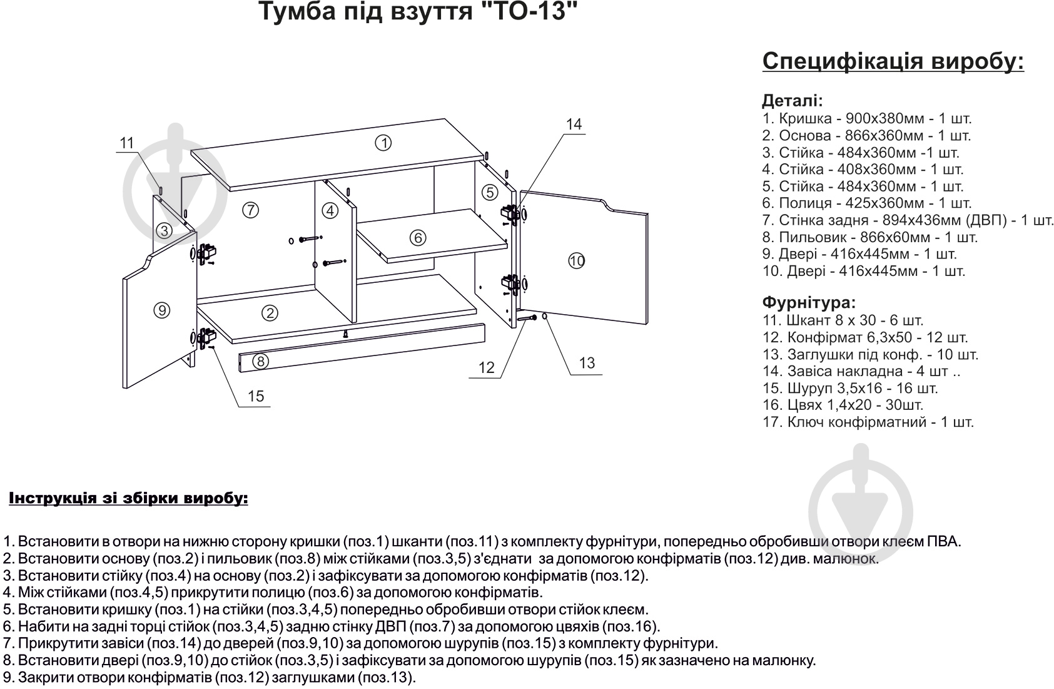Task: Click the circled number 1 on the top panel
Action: point(383,143)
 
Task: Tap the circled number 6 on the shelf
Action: point(418,238)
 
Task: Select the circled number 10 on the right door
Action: point(576,260)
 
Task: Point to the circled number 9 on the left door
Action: point(161,310)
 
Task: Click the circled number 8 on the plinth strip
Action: point(261,361)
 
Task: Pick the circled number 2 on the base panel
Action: point(270,313)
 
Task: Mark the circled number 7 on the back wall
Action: point(250,210)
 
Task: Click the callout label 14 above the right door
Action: point(574,125)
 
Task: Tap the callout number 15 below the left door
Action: point(256,396)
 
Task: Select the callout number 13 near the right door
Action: point(587,363)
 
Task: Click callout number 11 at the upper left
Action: point(127,143)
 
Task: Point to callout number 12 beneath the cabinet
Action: point(486,368)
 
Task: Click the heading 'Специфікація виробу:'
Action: point(893,62)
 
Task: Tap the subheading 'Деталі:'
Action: point(793,101)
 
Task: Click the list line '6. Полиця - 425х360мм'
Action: point(866,203)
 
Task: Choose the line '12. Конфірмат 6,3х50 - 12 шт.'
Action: point(865,338)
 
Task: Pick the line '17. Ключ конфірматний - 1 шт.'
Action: point(868,422)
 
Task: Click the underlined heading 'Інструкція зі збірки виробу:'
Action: point(128,499)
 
